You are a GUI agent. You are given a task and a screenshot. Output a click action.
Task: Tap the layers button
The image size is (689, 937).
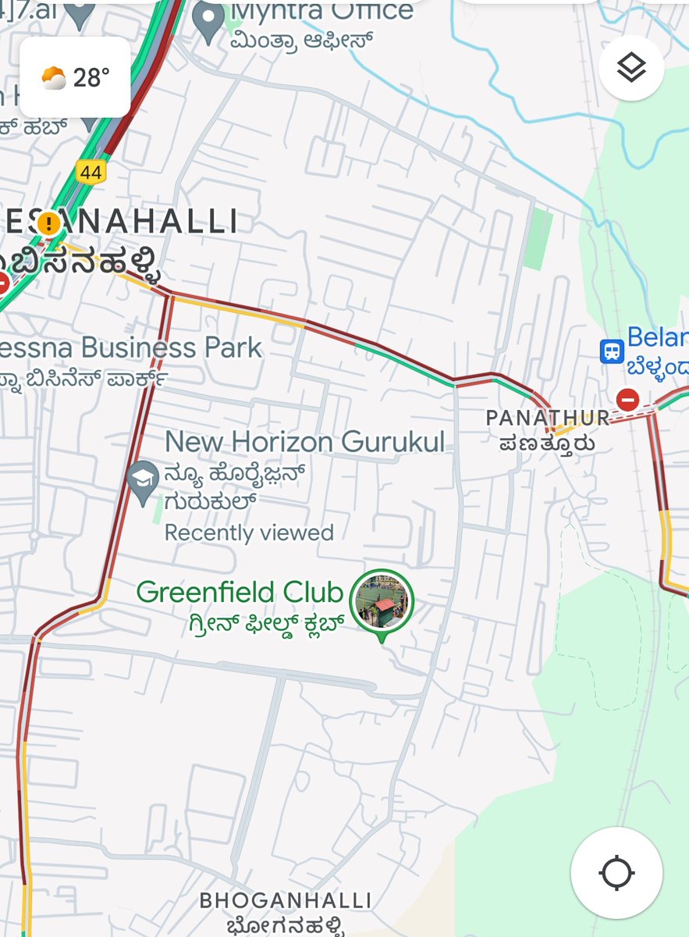pos(631,69)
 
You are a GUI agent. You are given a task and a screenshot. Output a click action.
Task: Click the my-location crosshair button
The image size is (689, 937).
pos(616,873)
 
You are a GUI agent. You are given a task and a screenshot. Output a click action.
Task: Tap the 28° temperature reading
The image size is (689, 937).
pos(91,77)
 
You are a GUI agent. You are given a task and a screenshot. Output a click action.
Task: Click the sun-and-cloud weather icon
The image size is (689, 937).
pos(54,78)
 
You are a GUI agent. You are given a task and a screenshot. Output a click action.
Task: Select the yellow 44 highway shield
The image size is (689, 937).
pos(91,172)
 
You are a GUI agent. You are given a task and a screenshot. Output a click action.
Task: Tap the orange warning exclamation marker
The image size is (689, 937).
pos(48,224)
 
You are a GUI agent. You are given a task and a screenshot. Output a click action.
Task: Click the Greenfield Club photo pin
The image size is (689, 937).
pos(382,600)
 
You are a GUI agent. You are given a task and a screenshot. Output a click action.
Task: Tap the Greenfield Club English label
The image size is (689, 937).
pos(240,593)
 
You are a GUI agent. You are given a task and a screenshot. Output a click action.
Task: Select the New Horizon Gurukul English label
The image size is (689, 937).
pos(304,442)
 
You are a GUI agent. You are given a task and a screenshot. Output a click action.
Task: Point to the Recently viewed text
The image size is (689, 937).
pos(249,533)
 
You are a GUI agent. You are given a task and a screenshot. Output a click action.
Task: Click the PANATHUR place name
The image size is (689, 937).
pos(547,419)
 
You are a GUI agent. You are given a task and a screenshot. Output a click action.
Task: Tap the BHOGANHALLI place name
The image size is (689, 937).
pos(286,900)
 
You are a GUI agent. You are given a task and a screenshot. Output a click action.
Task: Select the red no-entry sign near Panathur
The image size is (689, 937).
pos(627,401)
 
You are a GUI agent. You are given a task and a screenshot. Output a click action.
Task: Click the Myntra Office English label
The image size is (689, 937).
pos(321,12)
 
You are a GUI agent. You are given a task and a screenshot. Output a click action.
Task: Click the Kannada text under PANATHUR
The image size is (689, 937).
pos(548,444)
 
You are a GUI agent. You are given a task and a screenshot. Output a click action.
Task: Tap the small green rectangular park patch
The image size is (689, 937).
pos(538,239)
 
